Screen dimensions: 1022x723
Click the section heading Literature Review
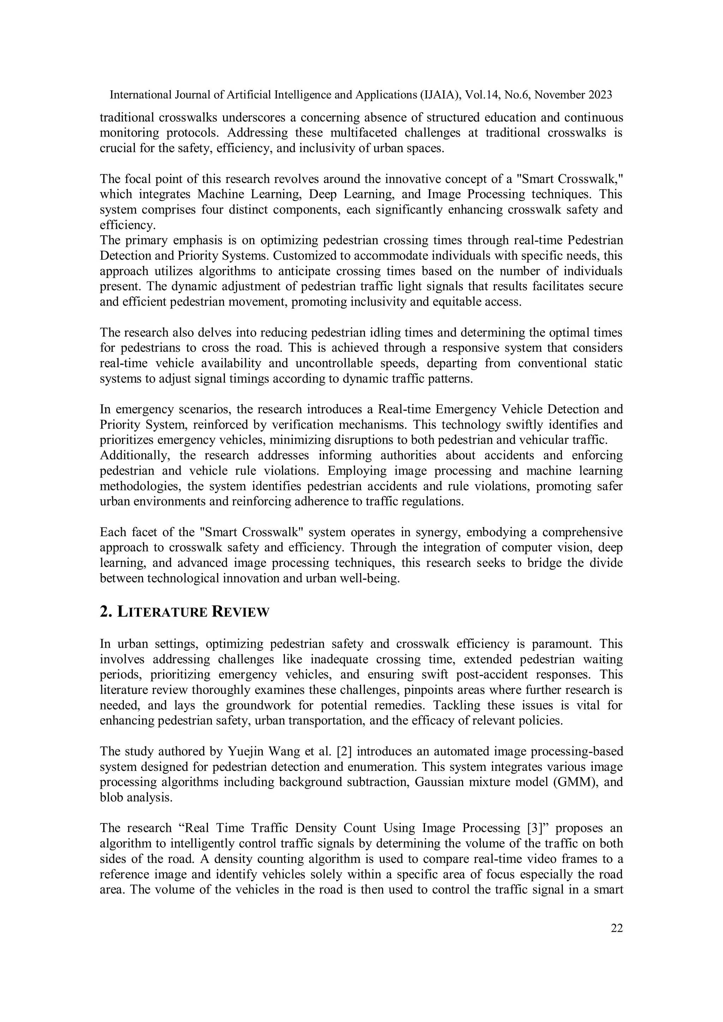point(184,612)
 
